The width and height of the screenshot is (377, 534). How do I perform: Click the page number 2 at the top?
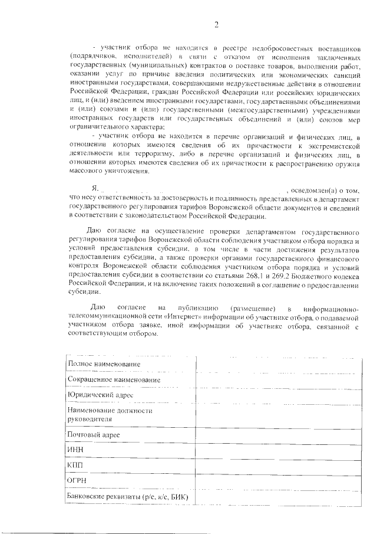pos(216,24)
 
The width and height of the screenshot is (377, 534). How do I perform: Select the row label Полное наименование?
pos(100,363)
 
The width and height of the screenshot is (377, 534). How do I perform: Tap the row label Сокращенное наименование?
pos(114,379)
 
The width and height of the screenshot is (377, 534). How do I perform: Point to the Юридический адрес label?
pos(100,394)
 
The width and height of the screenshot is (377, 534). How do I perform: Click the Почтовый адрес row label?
pos(94,434)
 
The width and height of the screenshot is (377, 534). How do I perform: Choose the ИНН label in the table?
pos(76,450)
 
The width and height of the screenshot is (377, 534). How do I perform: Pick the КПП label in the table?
pos(76,465)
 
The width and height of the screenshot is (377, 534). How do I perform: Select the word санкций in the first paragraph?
pos(342,74)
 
